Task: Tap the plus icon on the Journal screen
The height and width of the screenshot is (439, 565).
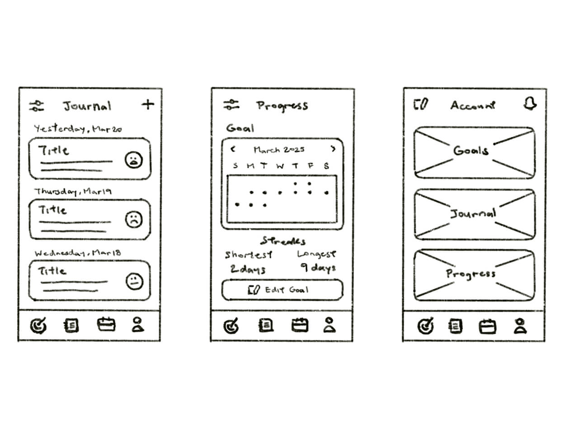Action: (x=148, y=105)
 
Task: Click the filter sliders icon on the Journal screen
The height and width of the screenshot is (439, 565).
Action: (x=37, y=106)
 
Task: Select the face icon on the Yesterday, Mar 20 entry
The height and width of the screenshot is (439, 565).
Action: (x=134, y=160)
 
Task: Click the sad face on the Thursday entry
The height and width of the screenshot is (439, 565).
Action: (x=134, y=219)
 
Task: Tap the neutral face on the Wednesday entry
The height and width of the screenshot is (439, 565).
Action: (x=134, y=282)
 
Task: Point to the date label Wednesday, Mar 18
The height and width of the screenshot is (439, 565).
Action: (x=78, y=253)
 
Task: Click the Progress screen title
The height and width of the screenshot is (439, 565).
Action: (x=282, y=106)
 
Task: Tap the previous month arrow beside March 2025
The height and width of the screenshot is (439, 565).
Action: (x=233, y=149)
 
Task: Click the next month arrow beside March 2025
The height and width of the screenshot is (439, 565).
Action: (x=333, y=149)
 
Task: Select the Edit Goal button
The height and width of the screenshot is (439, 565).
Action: (x=282, y=290)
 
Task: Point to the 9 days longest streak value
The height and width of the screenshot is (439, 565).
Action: (x=318, y=268)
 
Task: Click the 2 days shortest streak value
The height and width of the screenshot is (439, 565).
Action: (x=248, y=270)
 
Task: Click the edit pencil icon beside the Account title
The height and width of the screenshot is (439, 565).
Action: (x=421, y=105)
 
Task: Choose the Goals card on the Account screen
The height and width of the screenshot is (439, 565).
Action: (x=474, y=153)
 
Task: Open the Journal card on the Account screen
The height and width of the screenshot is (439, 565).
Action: (x=474, y=214)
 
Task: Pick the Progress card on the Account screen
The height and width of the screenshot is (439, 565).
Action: (x=474, y=275)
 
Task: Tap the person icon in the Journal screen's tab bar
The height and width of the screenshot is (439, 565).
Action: (x=138, y=325)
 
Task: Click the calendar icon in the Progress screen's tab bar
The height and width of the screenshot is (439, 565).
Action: (x=300, y=325)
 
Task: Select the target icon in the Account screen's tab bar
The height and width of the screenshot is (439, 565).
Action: (x=425, y=326)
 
